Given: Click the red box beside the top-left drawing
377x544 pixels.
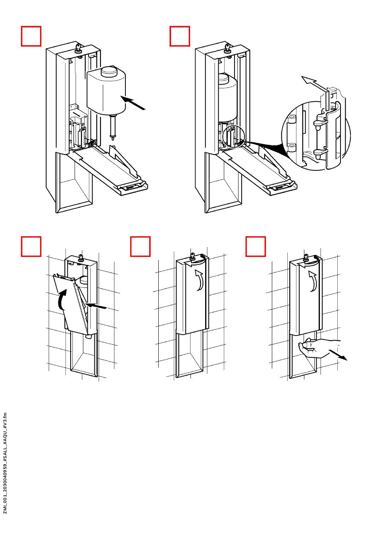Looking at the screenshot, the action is [31, 36].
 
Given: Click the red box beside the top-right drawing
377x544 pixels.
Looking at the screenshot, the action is [180, 36].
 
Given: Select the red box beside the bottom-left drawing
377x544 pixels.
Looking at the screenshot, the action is [31, 247].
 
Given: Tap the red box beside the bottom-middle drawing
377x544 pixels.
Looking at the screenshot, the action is [140, 247].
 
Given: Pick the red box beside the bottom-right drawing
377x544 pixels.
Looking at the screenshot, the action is [256, 247].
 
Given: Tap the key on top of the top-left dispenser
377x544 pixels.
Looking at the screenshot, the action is [78, 49].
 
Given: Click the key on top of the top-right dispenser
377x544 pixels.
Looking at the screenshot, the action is [227, 49].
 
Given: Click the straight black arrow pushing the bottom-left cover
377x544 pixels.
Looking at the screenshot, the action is [96, 306].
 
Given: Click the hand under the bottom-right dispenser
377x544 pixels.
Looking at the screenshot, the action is [315, 348].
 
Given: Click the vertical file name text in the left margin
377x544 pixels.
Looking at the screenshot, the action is [5, 463].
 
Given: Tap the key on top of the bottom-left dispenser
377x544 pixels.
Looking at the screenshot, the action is [81, 258].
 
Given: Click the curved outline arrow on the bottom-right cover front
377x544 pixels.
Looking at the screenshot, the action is [314, 281].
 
